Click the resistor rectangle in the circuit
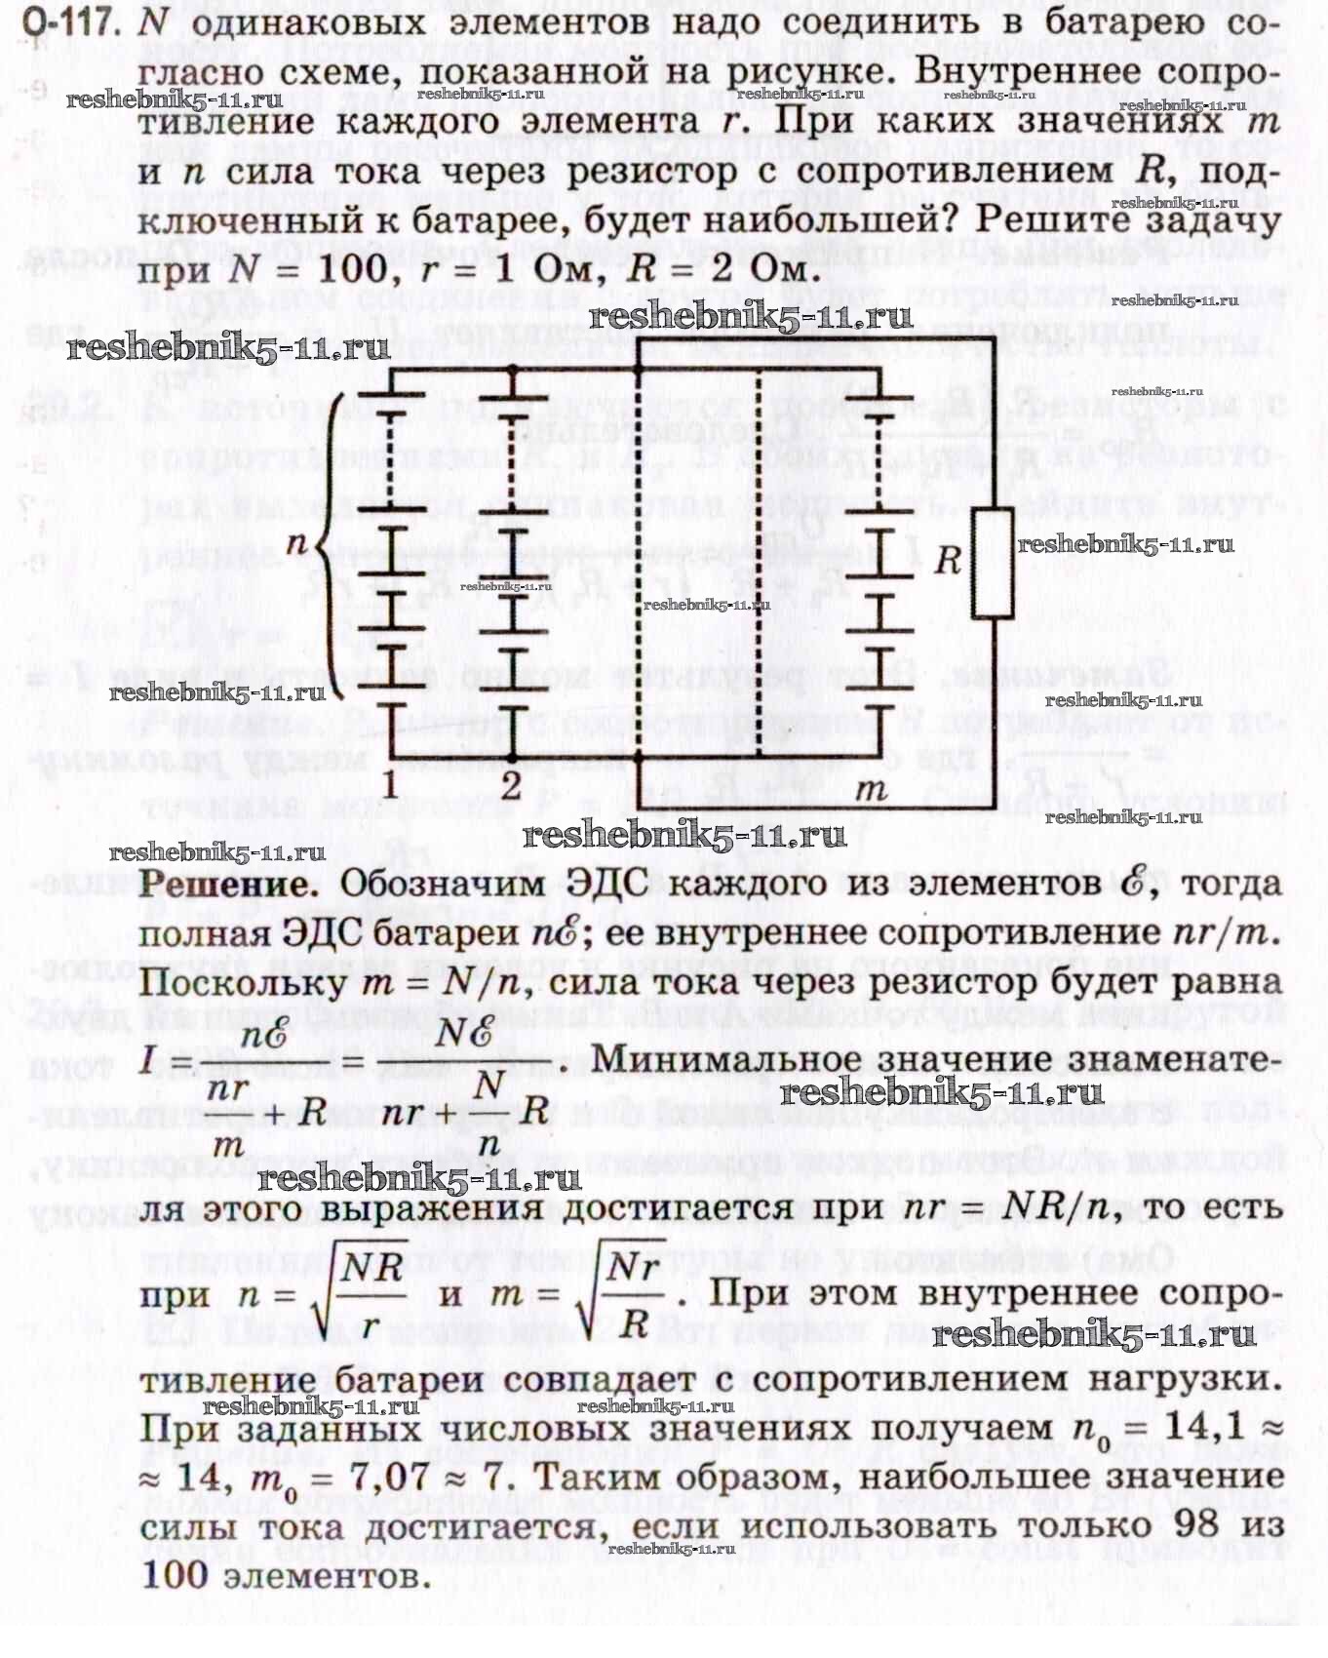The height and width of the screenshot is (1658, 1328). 993,564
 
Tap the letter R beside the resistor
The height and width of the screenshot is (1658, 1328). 948,561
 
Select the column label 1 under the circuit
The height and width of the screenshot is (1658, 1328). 390,785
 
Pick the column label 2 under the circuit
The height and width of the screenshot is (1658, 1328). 512,785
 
